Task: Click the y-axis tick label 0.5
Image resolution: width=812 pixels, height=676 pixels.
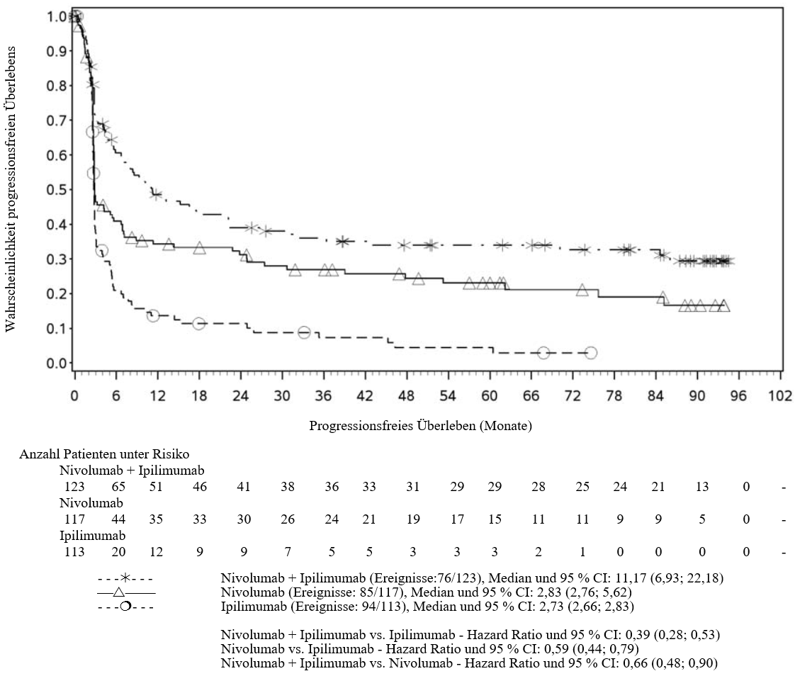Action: [56, 190]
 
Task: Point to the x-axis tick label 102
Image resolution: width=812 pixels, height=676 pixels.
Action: [780, 396]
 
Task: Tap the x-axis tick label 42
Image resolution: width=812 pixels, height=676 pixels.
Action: [365, 396]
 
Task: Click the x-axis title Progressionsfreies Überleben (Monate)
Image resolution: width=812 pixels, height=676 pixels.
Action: [420, 426]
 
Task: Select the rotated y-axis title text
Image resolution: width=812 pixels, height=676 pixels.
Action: [11, 190]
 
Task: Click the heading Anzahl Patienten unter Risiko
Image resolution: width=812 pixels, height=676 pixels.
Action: [104, 454]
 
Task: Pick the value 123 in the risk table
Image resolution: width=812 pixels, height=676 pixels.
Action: [74, 487]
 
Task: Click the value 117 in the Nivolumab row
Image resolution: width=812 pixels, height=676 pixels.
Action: [74, 519]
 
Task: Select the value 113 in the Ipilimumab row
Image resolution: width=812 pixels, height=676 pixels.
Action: [74, 552]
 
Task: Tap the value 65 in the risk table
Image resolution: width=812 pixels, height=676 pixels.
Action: [118, 487]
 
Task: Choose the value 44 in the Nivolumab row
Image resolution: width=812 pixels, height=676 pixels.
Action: [118, 519]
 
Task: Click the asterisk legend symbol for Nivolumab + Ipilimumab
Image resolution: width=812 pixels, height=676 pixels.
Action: [125, 578]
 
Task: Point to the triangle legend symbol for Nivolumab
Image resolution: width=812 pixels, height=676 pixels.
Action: [118, 592]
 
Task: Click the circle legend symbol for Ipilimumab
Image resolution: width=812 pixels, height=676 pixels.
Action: [125, 606]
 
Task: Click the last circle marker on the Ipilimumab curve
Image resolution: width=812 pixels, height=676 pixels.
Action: [591, 353]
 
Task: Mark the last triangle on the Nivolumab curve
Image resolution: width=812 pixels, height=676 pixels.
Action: [724, 305]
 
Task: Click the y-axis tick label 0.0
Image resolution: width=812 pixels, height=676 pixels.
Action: [56, 364]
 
